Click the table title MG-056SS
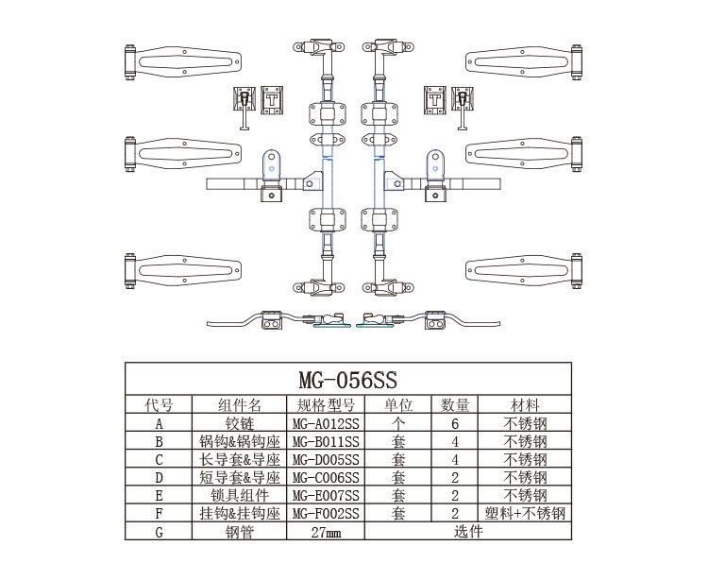(x=347, y=380)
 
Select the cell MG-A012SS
(x=326, y=424)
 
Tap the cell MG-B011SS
(x=326, y=441)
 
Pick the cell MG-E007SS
(x=326, y=496)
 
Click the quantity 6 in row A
(x=455, y=424)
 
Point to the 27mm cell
(x=326, y=532)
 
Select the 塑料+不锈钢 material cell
(x=525, y=514)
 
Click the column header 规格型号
(x=326, y=404)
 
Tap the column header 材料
(x=525, y=404)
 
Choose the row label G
(x=159, y=532)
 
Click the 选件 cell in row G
(x=468, y=531)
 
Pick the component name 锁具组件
(x=240, y=496)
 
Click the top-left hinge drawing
(x=183, y=62)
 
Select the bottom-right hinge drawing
(x=524, y=270)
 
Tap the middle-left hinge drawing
(x=183, y=154)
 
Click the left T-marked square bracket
(x=272, y=100)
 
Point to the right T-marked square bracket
(x=435, y=100)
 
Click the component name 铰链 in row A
(x=240, y=424)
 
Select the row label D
(x=159, y=477)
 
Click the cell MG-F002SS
(x=326, y=514)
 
